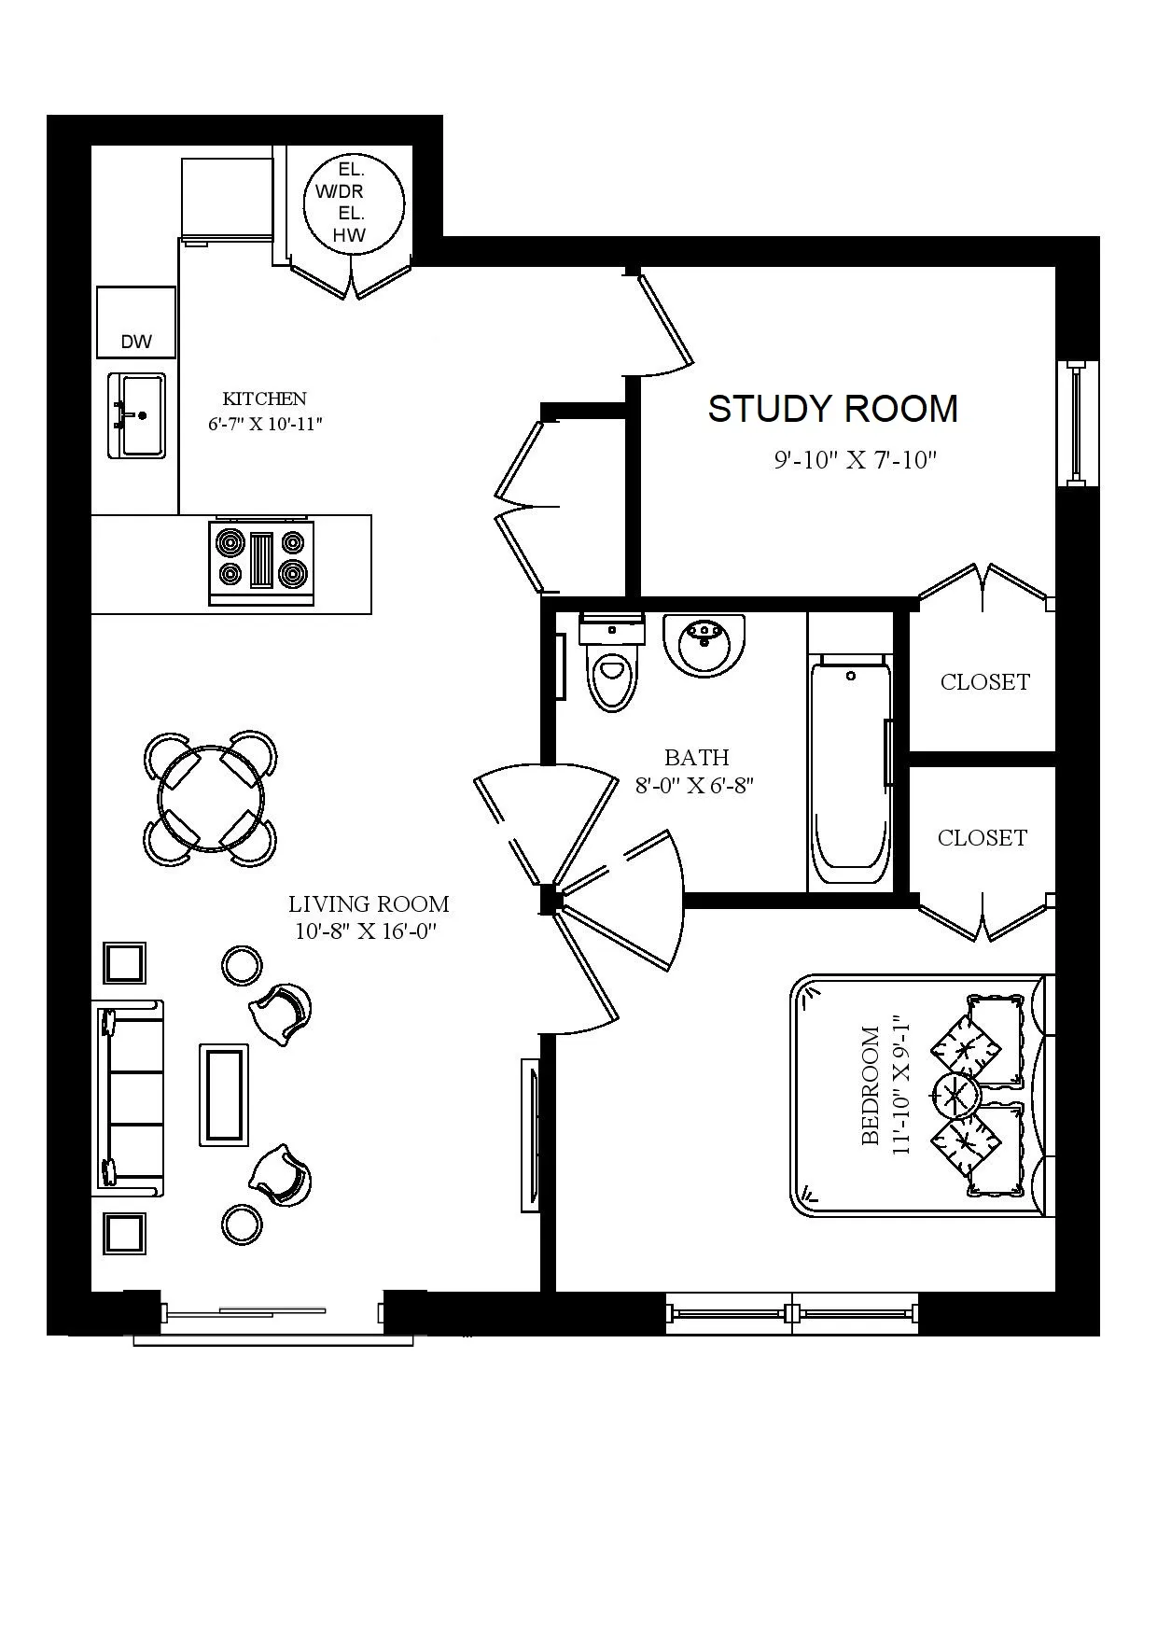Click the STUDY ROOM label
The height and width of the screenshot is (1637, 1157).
[832, 409]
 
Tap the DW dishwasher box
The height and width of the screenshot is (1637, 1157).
[136, 323]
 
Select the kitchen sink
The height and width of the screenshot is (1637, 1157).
[137, 415]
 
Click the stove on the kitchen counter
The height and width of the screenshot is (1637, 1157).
[261, 560]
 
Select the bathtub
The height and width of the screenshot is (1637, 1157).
[848, 770]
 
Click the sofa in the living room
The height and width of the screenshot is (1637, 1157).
[131, 1099]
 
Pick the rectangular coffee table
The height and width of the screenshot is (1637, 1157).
[224, 1095]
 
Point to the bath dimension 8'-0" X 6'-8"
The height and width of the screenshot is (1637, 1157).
[694, 786]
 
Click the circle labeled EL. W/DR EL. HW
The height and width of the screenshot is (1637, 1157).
[355, 203]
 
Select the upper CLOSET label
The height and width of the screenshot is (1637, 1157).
[984, 682]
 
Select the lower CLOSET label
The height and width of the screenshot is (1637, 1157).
[982, 838]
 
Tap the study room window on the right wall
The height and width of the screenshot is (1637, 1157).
[1076, 422]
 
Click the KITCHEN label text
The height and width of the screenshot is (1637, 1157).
[264, 399]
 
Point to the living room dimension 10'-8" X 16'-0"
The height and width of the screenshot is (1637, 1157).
[368, 930]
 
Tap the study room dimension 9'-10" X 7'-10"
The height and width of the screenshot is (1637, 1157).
[855, 460]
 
